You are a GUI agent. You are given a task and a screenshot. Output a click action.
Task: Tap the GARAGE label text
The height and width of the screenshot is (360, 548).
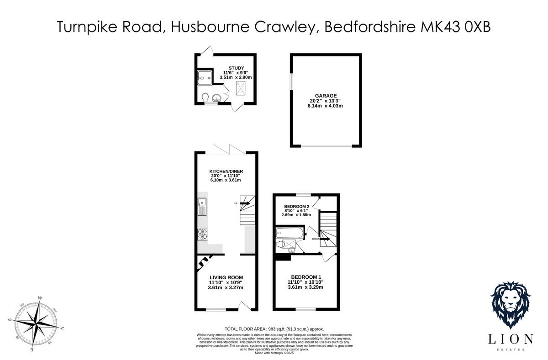point(326,96)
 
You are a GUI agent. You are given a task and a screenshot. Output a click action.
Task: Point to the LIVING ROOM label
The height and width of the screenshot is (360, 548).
point(226,277)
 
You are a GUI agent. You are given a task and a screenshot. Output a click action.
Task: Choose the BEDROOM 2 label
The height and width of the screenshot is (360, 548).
point(297,206)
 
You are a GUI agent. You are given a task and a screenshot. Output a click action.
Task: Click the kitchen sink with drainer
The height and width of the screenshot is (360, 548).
point(202,208)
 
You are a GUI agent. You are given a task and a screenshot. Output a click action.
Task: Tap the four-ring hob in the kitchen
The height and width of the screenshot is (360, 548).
point(202,235)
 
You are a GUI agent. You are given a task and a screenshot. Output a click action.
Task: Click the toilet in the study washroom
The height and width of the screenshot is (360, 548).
point(205,97)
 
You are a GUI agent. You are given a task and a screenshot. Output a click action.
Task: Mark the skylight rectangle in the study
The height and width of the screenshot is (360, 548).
point(241,88)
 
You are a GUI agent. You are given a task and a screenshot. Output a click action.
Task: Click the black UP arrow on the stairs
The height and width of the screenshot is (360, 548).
point(245,203)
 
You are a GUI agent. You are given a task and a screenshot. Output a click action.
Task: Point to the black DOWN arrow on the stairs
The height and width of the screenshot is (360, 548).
point(324,239)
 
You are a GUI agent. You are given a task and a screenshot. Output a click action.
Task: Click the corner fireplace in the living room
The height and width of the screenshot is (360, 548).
point(204,261)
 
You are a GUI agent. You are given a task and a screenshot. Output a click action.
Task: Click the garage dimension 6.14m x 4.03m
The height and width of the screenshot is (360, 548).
point(325,106)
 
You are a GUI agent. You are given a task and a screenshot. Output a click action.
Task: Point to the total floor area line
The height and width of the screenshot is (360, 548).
point(274,329)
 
